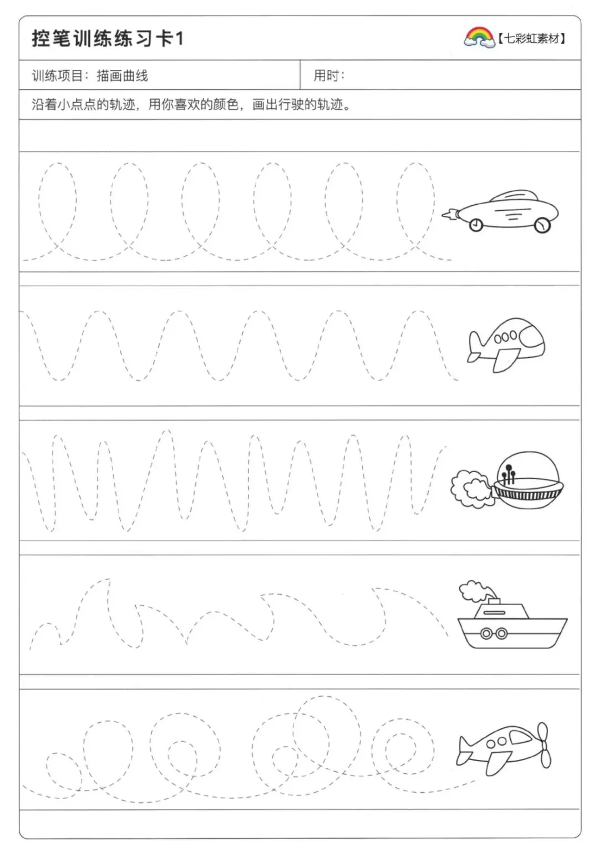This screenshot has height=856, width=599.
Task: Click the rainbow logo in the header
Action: (479, 38)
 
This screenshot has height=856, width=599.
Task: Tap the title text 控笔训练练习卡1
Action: (108, 39)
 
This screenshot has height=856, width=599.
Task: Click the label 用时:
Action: (329, 75)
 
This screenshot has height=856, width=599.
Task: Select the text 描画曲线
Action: (122, 75)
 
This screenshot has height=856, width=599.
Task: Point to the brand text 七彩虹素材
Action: (531, 38)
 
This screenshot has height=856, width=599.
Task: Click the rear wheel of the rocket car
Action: (476, 225)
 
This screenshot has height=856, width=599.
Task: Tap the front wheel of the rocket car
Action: (542, 225)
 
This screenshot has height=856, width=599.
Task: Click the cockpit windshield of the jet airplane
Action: (529, 335)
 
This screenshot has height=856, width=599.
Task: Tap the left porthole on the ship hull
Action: (486, 633)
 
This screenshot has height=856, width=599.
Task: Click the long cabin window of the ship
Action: (494, 612)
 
